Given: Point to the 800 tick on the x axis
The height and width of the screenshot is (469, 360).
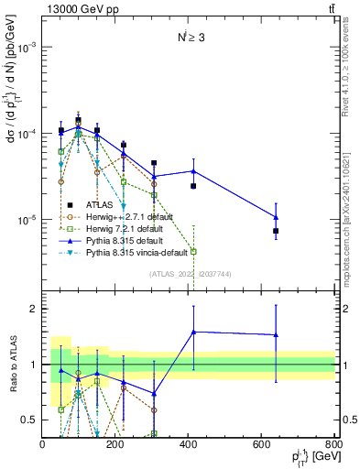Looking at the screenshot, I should point(334,444).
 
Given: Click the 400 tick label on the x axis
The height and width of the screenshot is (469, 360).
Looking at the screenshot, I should point(189,444).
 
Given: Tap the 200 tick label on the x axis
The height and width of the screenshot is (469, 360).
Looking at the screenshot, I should point(115,444).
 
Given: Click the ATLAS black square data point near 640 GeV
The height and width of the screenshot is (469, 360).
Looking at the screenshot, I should point(276,231).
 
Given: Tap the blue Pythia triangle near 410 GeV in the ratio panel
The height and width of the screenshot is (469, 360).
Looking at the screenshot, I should point(193,332).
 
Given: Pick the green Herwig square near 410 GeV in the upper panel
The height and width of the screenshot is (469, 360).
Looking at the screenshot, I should point(193,251).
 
